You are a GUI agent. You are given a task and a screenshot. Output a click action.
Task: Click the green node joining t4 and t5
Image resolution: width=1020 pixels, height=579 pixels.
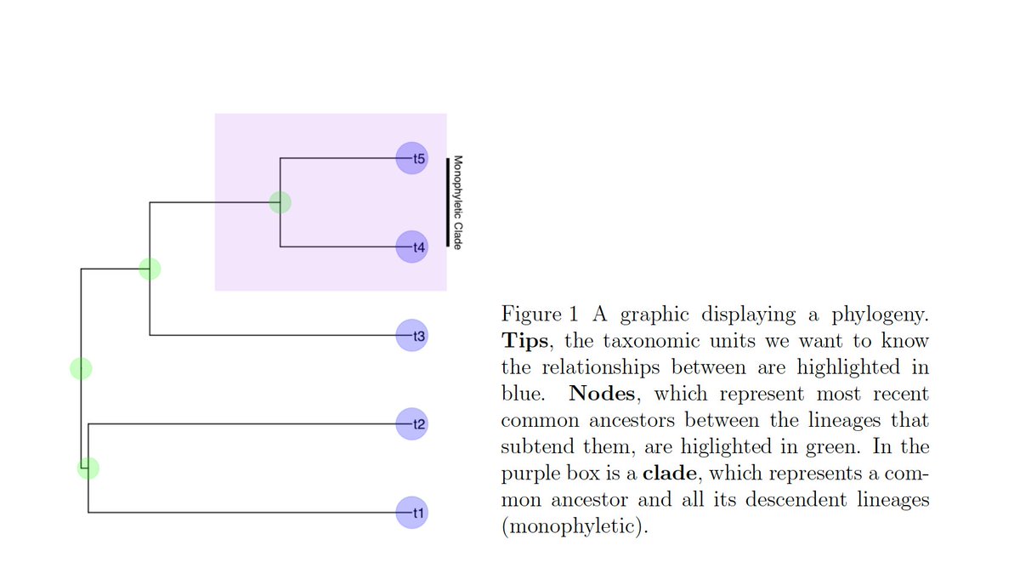pos(280,202)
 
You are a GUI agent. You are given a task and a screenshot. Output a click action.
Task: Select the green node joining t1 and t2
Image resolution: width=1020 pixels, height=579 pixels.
pos(88,468)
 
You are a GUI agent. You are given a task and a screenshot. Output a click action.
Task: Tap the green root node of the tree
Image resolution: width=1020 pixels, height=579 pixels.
pos(81,368)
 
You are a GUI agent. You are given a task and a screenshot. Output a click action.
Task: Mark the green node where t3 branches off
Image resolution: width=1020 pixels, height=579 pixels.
pos(150,269)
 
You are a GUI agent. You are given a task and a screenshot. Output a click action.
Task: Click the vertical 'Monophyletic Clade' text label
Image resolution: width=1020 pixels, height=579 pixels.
pos(457,202)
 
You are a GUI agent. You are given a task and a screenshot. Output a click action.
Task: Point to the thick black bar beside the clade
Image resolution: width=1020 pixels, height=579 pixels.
pos(447,202)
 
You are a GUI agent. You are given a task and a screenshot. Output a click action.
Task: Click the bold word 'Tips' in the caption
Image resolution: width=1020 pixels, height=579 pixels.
pos(527,342)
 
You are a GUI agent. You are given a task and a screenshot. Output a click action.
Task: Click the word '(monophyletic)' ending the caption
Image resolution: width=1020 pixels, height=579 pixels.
pos(569,526)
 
